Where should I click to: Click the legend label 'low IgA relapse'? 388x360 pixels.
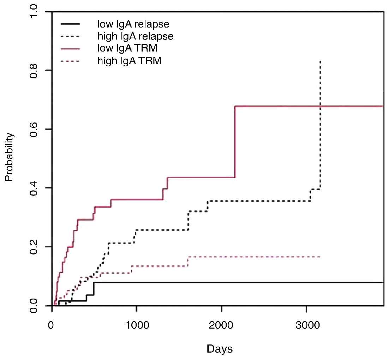pyautogui.click(x=133, y=24)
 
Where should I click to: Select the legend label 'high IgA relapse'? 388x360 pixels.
pyautogui.click(x=135, y=36)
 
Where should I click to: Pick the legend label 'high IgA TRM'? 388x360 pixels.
pyautogui.click(x=129, y=61)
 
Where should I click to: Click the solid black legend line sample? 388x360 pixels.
pyautogui.click(x=70, y=24)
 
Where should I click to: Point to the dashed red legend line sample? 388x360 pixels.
pyautogui.click(x=70, y=61)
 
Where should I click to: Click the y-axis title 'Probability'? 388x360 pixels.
pyautogui.click(x=9, y=157)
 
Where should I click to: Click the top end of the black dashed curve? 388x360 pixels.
pyautogui.click(x=320, y=61)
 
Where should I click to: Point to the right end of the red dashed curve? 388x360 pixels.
pyautogui.click(x=320, y=257)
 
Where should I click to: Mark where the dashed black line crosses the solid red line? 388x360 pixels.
pyautogui.click(x=320, y=106)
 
